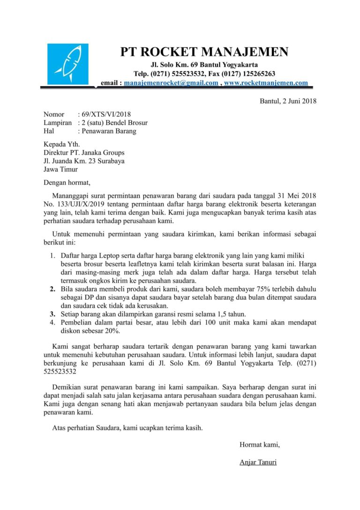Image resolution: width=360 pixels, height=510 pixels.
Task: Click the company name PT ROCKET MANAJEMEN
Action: coord(204,52)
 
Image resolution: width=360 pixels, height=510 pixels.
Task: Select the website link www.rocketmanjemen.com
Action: coord(266,83)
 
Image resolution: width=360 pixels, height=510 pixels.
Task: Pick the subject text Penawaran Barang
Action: coord(109,131)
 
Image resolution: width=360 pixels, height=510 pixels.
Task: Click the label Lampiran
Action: coord(58,122)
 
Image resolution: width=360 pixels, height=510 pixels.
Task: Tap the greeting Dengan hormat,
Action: coord(66,183)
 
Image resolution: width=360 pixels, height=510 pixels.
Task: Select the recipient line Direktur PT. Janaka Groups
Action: coord(84,152)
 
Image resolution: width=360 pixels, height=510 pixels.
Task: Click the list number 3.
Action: coord(52,314)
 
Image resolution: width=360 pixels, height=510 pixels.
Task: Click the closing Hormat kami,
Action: coord(259,444)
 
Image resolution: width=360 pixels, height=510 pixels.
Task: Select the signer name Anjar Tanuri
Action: coord(258,462)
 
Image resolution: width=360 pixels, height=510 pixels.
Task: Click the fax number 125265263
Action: coord(257,74)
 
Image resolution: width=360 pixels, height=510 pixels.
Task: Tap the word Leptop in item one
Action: coord(111,255)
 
